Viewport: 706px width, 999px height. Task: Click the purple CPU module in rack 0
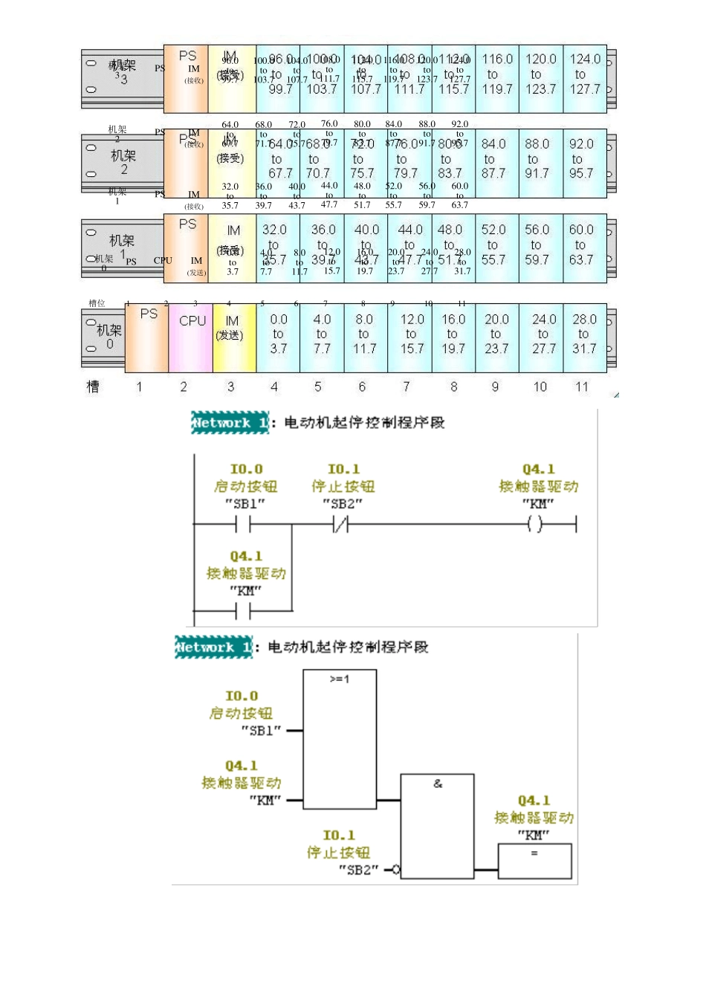[x=191, y=337]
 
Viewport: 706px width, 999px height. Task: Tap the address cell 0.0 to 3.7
[x=278, y=334]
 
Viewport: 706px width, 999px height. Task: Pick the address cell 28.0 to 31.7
[x=584, y=334]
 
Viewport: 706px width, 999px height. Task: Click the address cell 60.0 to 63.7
[x=581, y=245]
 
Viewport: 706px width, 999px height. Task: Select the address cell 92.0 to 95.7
[x=581, y=159]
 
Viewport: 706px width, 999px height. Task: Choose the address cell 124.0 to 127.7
[x=585, y=74]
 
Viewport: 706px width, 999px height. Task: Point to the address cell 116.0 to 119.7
[x=497, y=74]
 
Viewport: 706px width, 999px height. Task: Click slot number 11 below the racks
[x=582, y=387]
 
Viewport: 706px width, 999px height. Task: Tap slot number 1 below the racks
[x=139, y=387]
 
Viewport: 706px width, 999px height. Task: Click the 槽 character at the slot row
[x=93, y=387]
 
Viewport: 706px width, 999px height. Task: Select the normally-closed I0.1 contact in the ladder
[x=341, y=525]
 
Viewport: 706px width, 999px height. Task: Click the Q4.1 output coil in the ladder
[x=535, y=525]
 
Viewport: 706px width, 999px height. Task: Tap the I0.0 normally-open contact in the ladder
[x=243, y=525]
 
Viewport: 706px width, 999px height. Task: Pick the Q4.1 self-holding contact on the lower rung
[x=243, y=611]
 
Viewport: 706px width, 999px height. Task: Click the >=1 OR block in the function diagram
[x=340, y=739]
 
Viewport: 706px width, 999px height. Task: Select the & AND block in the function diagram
[x=437, y=826]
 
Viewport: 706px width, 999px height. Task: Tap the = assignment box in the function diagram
[x=534, y=861]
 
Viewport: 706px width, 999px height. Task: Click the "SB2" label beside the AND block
[x=359, y=870]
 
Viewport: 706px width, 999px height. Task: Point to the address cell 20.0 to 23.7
[x=496, y=334]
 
